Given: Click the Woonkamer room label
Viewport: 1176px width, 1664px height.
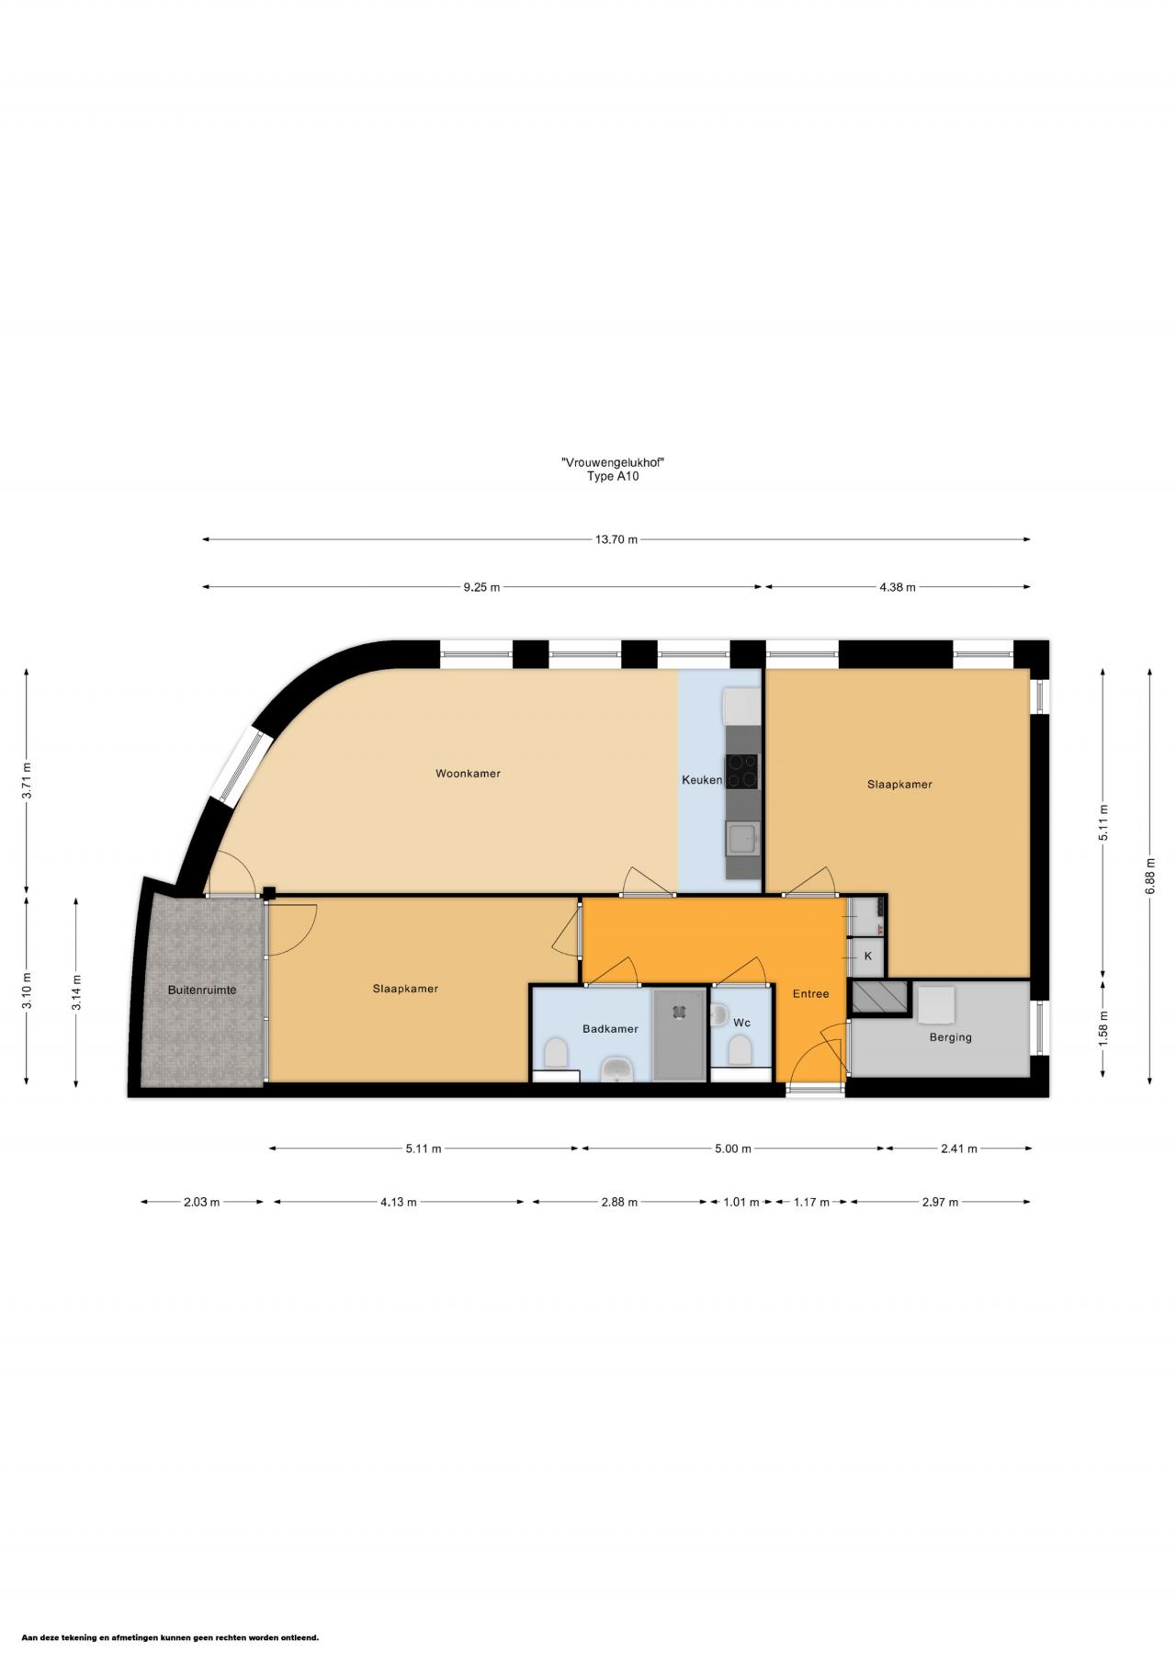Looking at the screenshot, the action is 468,774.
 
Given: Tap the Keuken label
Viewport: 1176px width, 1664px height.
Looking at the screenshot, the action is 702,780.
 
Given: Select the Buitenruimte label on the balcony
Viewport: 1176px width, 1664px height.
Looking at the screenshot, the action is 202,990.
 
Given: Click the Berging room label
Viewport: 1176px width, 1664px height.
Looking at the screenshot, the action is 950,1037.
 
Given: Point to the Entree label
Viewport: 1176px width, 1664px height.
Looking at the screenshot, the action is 811,993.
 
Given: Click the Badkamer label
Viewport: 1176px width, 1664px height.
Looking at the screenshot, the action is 610,1029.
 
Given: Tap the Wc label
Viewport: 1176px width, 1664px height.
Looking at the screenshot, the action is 741,1023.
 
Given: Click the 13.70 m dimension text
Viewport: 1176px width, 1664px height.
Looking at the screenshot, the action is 616,539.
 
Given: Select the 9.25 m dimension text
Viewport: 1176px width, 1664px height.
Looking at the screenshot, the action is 481,587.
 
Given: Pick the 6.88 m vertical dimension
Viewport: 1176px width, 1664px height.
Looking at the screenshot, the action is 1150,876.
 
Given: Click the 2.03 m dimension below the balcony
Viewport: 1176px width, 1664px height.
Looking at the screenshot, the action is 201,1202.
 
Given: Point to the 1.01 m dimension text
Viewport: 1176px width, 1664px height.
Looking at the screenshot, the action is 741,1202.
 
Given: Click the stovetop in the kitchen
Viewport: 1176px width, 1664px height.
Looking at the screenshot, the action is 742,772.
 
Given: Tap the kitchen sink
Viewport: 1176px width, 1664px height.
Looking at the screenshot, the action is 741,838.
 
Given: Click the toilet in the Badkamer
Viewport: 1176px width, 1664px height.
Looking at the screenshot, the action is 556,1052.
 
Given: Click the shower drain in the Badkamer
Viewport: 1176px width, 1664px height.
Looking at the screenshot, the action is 679,1011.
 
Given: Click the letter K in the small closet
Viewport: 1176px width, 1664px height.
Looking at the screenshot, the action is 868,957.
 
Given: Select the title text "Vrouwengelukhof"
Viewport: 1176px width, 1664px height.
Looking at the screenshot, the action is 613,462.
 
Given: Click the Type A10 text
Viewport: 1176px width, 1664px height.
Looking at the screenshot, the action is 613,476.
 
